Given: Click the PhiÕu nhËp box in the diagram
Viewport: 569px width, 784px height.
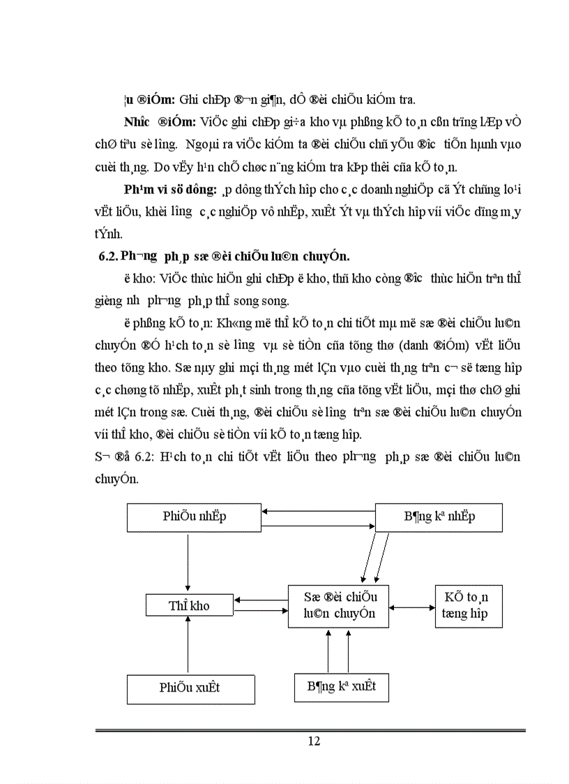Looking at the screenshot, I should (x=195, y=517).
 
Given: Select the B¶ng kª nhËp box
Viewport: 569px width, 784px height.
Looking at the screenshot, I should (x=439, y=517).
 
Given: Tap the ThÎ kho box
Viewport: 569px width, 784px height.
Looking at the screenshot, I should (x=189, y=605).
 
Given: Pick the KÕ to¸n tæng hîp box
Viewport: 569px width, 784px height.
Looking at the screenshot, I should (x=468, y=605).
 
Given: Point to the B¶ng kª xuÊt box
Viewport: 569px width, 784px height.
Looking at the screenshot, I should (x=341, y=686).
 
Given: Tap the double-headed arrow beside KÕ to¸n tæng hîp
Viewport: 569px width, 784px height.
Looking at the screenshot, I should (x=411, y=607).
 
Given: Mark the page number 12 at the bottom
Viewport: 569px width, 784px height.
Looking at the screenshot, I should (x=314, y=741).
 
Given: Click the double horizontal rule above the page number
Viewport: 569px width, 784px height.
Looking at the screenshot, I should (x=310, y=730).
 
